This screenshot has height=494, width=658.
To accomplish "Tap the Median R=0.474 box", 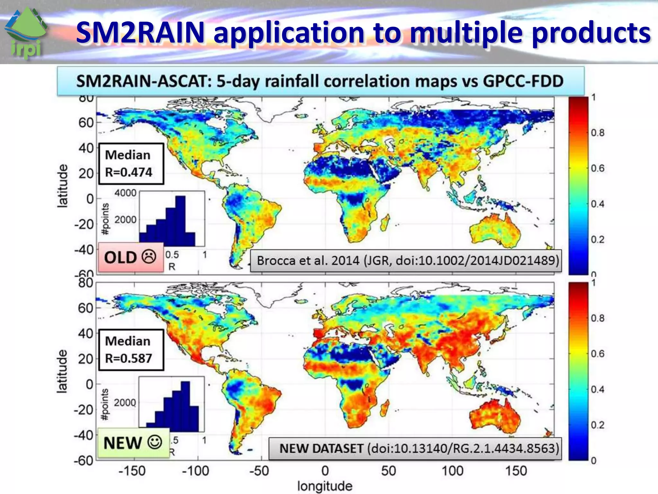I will (131, 164).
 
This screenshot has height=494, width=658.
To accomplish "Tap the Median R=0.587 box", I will (131, 350).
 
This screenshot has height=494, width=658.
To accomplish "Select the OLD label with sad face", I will (130, 257).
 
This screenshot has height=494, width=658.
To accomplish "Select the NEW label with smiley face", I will (133, 443).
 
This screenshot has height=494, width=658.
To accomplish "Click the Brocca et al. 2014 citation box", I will (406, 261).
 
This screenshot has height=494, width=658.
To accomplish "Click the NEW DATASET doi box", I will (415, 448).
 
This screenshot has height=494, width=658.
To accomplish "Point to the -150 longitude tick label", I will (132, 471).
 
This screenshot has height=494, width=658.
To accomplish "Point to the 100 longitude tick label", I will (452, 471).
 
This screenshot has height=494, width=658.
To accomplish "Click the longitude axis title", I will (325, 486).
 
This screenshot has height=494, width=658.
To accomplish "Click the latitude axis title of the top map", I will (63, 186).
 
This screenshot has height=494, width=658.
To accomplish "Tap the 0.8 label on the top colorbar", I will (598, 133).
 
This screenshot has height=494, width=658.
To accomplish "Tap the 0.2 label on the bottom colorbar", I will (598, 425).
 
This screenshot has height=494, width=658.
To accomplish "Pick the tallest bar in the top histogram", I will (180, 221).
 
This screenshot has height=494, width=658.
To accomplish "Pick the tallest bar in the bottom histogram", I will (185, 407).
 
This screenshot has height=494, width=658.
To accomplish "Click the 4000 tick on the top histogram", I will (125, 193).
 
